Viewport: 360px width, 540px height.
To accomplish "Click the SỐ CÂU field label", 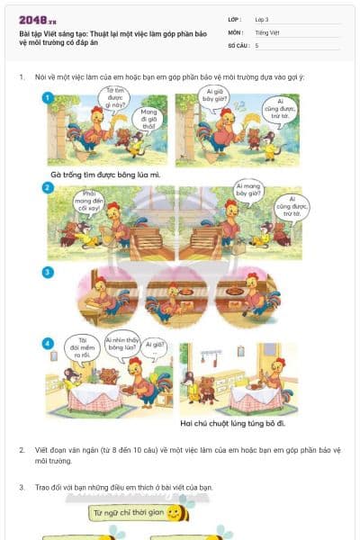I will coord(237,44).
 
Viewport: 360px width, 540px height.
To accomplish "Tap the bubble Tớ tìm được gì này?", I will coord(114,98).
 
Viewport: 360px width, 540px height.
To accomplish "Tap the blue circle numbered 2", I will coord(48,187).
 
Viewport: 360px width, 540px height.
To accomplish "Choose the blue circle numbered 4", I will coord(48,343).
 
